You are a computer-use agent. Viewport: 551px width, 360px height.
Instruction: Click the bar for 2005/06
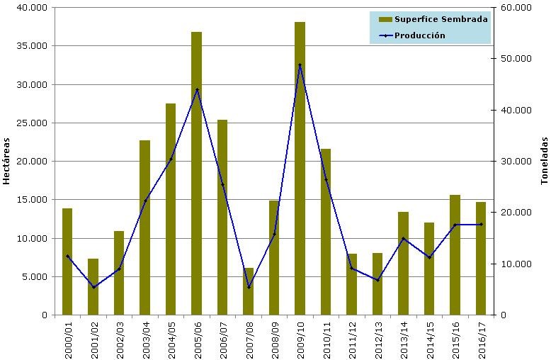196,174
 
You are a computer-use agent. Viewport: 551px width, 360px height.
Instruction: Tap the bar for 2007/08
248,291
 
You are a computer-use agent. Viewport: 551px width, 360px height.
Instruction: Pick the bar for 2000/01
67,261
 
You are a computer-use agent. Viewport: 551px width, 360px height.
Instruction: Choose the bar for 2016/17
481,259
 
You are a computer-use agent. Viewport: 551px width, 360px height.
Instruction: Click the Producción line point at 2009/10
300,65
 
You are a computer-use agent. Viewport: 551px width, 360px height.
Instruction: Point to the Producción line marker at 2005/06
196,89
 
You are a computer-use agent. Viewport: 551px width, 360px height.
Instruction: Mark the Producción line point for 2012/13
377,280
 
